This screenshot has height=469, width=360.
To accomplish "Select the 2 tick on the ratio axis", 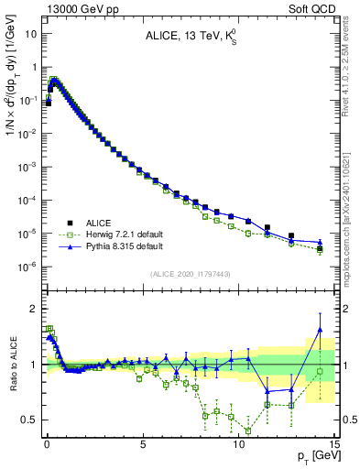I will pyautogui.click(x=34, y=308).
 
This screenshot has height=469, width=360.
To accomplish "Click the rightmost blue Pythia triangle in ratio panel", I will pyautogui.click(x=320, y=329).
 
